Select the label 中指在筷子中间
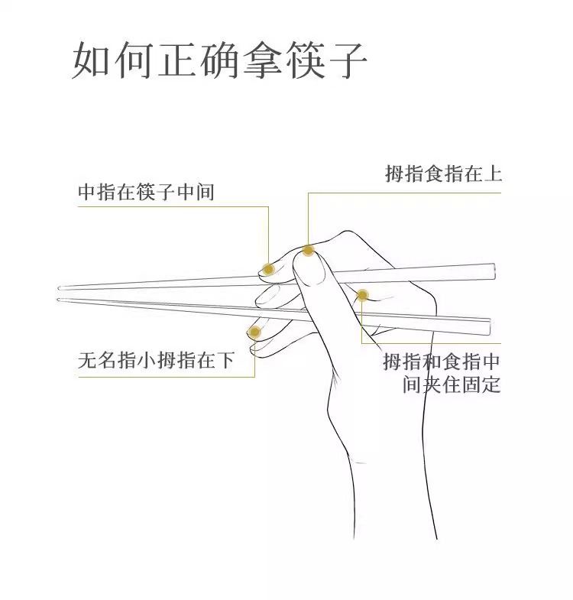pyautogui.click(x=146, y=193)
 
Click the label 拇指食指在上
pyautogui.click(x=443, y=174)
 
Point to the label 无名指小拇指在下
pyautogui.click(x=156, y=360)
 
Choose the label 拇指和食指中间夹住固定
pyautogui.click(x=442, y=373)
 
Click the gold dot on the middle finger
pyautogui.click(x=268, y=268)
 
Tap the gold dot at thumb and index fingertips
pyautogui.click(x=308, y=250)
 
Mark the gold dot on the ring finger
pyautogui.click(x=254, y=332)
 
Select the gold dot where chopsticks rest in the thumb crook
pyautogui.click(x=363, y=295)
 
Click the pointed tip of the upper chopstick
pyautogui.click(x=60, y=288)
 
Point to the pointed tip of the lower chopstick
pyautogui.click(x=60, y=299)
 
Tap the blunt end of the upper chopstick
pyautogui.click(x=493, y=270)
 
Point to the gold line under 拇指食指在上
pyautogui.click(x=405, y=193)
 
